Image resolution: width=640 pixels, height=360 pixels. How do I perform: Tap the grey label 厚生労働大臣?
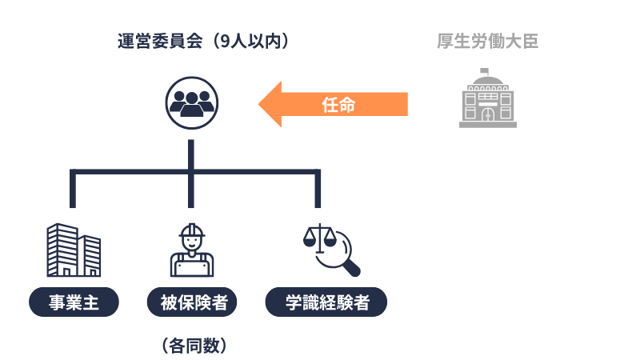487,41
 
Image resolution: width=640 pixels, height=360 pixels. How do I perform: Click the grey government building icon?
487,99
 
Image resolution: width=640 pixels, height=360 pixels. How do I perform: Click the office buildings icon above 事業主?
73,249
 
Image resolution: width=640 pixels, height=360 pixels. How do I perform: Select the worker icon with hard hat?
191,250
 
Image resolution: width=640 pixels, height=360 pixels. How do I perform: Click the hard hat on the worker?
192,231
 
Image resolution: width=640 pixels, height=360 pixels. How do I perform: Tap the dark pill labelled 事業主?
74,302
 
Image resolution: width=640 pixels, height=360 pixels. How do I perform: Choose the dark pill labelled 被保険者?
192,302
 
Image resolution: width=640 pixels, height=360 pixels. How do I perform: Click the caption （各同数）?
192,346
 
